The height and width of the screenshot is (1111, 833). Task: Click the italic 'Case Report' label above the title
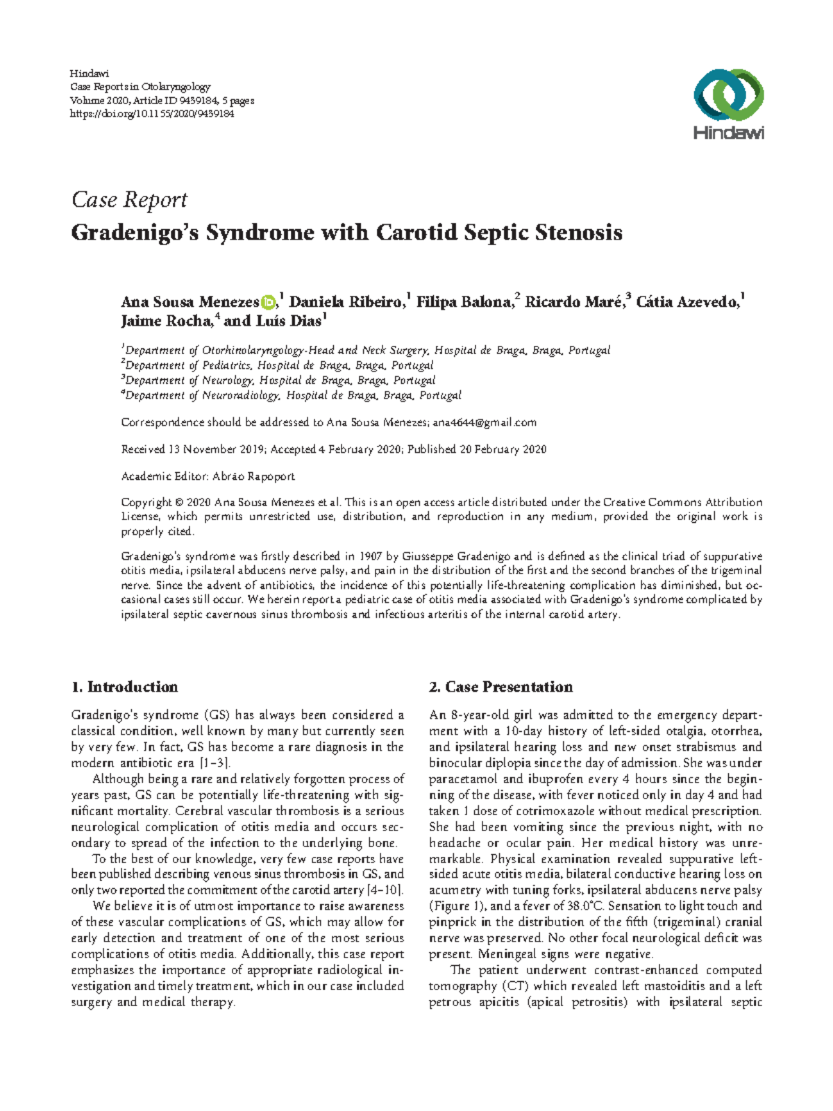pyautogui.click(x=129, y=200)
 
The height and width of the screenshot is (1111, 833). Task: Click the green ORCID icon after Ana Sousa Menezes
pyautogui.click(x=268, y=302)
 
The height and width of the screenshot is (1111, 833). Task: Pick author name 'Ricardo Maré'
pyautogui.click(x=573, y=302)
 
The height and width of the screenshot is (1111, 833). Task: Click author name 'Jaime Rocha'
pyautogui.click(x=166, y=321)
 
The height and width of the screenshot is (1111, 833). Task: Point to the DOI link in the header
pyautogui.click(x=152, y=114)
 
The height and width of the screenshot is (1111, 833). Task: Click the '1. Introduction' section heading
pyautogui.click(x=124, y=687)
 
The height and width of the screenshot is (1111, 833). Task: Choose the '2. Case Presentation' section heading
pyautogui.click(x=500, y=687)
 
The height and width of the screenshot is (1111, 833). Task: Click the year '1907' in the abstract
pyautogui.click(x=369, y=556)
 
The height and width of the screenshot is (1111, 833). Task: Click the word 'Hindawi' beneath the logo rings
pyautogui.click(x=729, y=133)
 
